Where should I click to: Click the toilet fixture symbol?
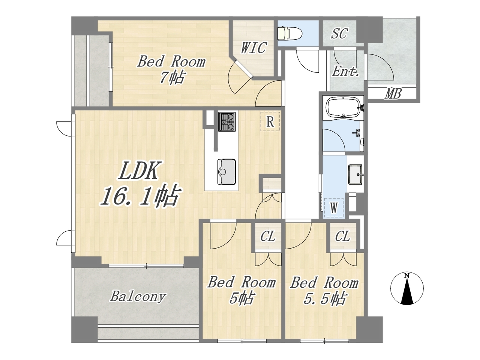(289, 33)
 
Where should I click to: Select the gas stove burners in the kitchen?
(227, 122)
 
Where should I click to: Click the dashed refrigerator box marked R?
(270, 121)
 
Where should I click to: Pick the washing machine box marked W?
(334, 207)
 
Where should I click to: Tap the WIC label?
(253, 47)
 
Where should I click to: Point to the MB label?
(393, 94)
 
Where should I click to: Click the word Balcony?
(138, 297)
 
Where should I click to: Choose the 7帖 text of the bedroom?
(172, 78)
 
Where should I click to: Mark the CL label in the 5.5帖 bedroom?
(342, 236)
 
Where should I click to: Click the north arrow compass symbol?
(407, 288)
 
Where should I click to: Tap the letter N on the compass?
(407, 276)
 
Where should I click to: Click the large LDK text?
(138, 170)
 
